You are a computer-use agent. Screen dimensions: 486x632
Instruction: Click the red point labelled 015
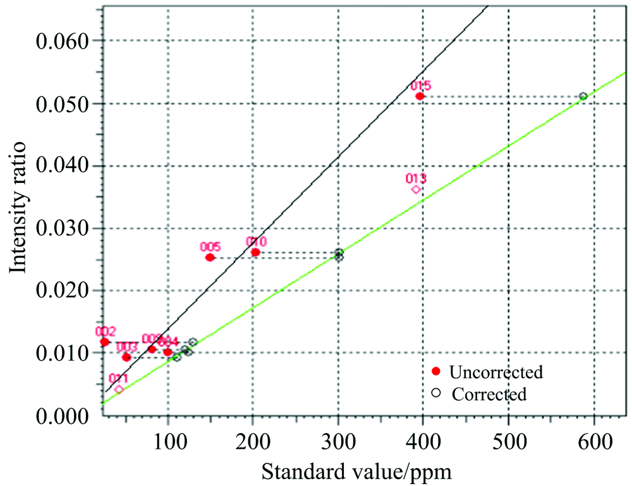click(420, 96)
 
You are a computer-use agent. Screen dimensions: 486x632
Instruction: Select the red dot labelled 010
click(255, 252)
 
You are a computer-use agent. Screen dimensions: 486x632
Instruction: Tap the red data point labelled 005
click(210, 258)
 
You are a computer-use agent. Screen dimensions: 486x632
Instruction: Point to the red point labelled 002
click(105, 342)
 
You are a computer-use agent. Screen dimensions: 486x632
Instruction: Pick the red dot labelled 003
click(126, 357)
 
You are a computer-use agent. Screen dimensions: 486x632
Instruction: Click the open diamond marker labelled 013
click(416, 189)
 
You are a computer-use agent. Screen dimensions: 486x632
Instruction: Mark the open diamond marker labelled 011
click(119, 389)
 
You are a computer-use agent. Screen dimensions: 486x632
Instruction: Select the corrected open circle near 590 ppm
click(583, 96)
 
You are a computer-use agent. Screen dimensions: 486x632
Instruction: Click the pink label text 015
click(420, 86)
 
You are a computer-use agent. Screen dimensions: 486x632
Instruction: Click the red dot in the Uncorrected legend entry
click(435, 372)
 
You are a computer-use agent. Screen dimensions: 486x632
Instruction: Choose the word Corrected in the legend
click(489, 394)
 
